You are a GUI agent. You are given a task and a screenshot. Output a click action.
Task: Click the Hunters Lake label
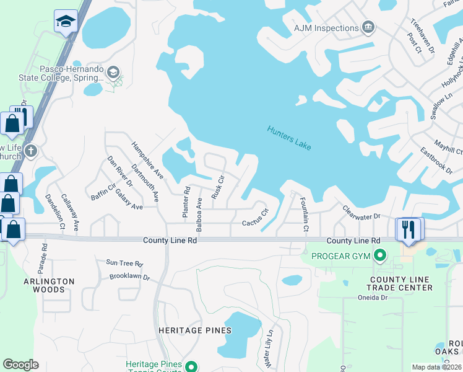click(289, 138)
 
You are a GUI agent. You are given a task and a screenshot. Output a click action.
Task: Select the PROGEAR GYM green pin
click(381, 255)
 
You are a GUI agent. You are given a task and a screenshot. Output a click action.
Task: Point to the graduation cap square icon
click(66, 22)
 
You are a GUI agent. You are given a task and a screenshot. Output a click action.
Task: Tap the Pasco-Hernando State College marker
click(113, 72)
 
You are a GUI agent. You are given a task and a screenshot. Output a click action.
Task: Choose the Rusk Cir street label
click(217, 186)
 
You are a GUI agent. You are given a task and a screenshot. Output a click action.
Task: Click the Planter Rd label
click(185, 201)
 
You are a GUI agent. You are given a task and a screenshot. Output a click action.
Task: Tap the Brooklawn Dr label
click(129, 277)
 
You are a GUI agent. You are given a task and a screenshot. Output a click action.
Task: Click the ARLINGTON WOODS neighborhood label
click(49, 286)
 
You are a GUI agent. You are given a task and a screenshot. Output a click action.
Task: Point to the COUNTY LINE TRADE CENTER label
click(400, 283)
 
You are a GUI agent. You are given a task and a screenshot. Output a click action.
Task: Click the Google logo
click(21, 365)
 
